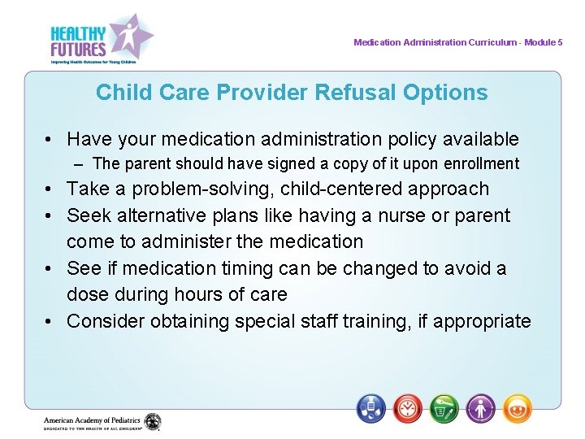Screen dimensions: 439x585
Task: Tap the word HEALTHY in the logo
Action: [78, 33]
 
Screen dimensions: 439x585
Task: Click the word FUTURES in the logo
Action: [78, 48]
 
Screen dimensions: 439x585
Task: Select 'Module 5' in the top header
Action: [543, 42]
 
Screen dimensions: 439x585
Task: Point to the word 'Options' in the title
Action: [451, 93]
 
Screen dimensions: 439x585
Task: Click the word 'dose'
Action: [87, 294]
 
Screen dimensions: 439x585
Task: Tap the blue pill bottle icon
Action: [371, 407]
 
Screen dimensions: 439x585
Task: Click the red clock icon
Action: [407, 407]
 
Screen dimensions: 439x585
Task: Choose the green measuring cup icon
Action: [444, 407]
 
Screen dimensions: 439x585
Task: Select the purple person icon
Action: [481, 407]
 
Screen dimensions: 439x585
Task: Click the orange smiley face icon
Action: [517, 407]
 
